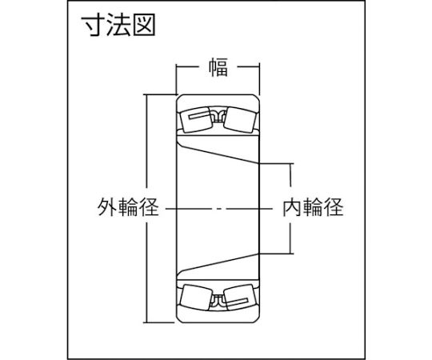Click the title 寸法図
tap(118, 26)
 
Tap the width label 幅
tap(218, 67)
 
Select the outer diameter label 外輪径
tap(128, 207)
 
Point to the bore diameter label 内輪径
tap(314, 207)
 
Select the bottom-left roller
tap(196, 298)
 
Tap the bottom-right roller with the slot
tap(240, 298)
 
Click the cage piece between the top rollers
tap(218, 115)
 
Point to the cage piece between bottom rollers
tap(218, 302)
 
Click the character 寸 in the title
tap(93, 26)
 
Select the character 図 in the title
tap(144, 26)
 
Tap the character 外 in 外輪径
tap(108, 207)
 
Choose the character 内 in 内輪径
tap(293, 207)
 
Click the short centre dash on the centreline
tap(219, 209)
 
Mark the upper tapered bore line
tap(218, 154)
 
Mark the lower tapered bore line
tap(218, 264)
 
